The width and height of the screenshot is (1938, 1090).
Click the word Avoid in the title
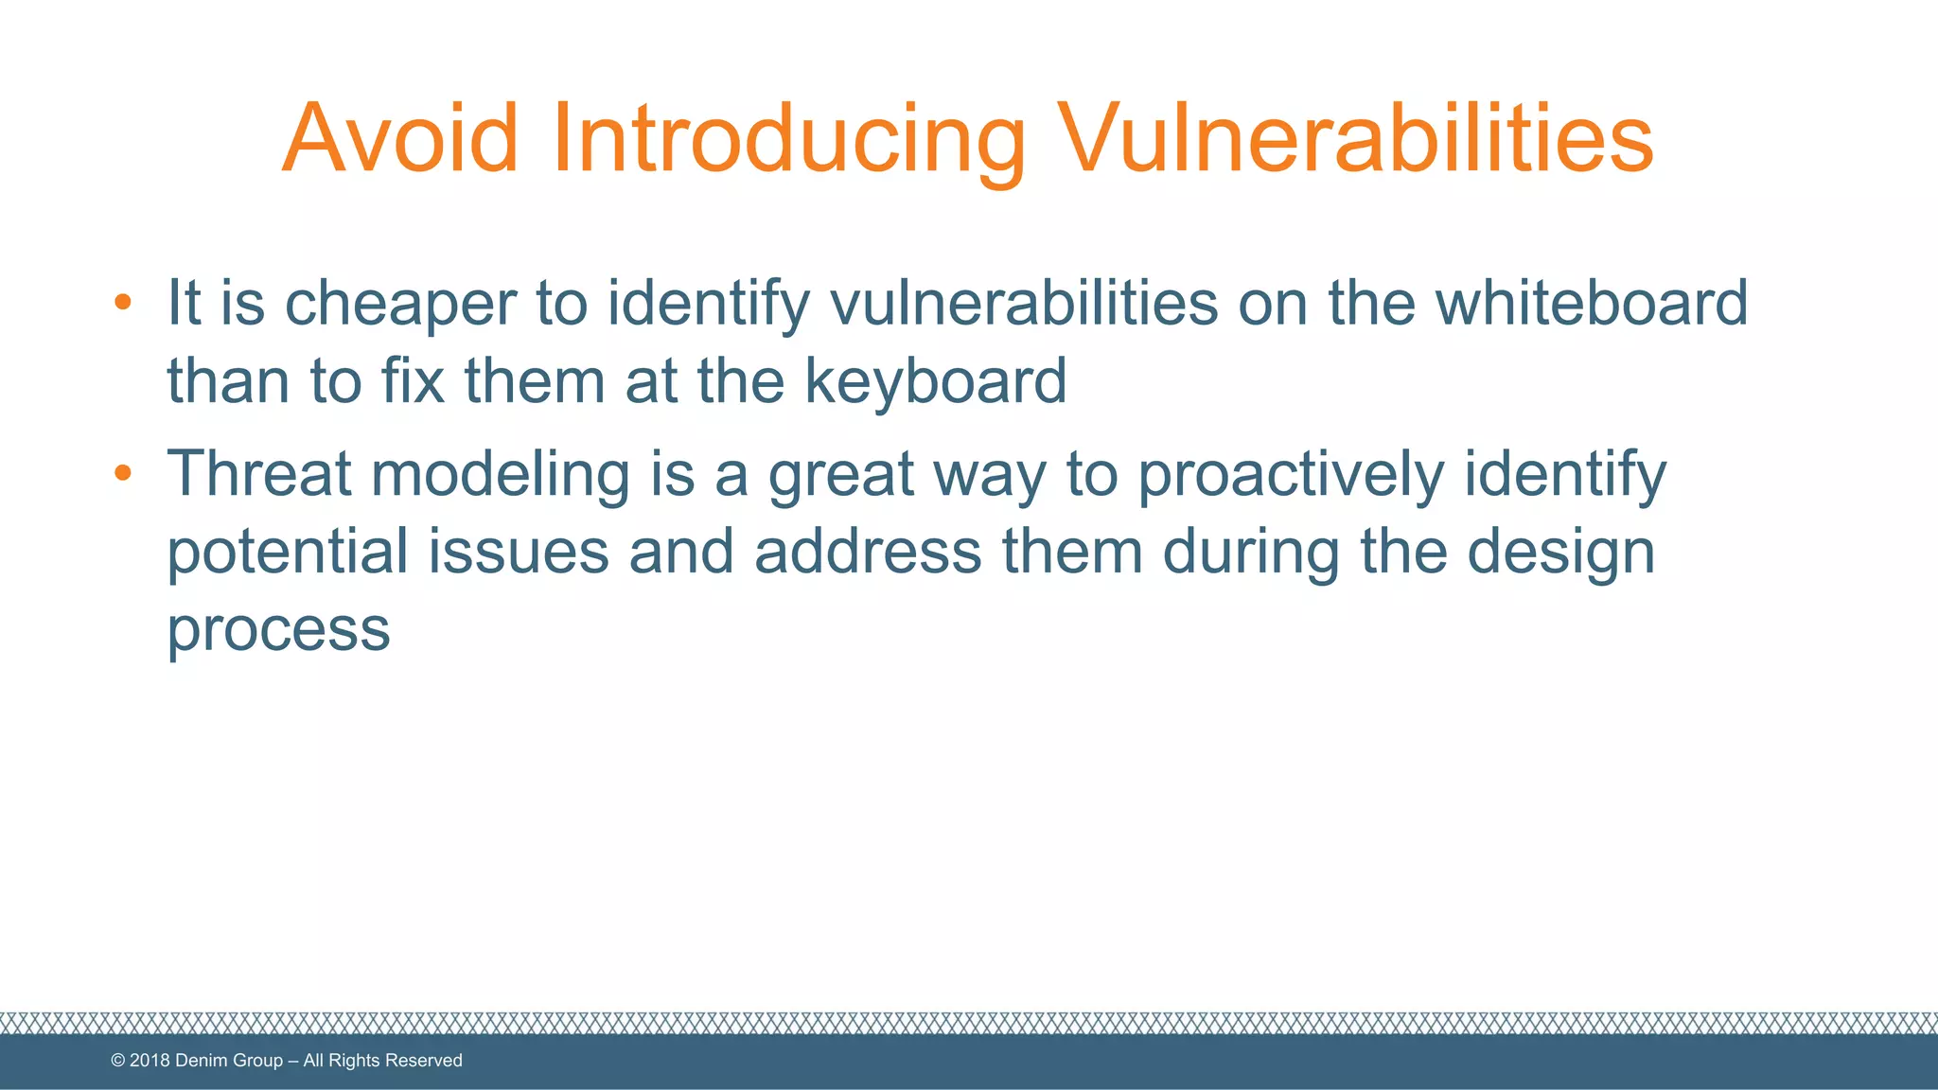pyautogui.click(x=400, y=139)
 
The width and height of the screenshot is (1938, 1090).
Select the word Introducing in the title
pyautogui.click(x=788, y=139)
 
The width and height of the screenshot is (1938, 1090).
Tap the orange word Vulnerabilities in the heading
pyautogui.click(x=1355, y=139)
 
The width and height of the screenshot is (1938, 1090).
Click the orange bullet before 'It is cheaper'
pyautogui.click(x=122, y=303)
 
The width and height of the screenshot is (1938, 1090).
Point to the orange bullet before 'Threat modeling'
pyautogui.click(x=122, y=472)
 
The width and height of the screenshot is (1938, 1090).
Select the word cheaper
pyautogui.click(x=400, y=304)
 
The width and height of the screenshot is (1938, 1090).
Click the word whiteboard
pyautogui.click(x=1592, y=304)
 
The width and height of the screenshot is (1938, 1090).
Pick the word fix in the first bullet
pyautogui.click(x=413, y=381)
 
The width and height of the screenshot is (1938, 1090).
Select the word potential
pyautogui.click(x=288, y=552)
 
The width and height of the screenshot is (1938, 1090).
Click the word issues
pyautogui.click(x=519, y=552)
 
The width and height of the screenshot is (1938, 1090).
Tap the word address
pyautogui.click(x=868, y=552)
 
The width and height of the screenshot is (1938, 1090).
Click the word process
pyautogui.click(x=278, y=629)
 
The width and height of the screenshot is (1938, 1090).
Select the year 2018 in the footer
pyautogui.click(x=150, y=1061)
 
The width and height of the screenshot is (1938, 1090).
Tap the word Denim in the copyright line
pyautogui.click(x=203, y=1061)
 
